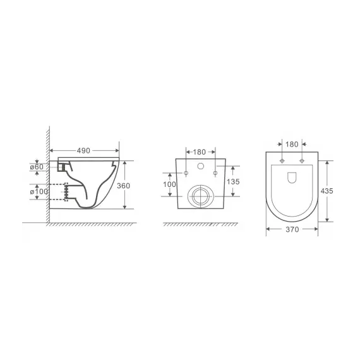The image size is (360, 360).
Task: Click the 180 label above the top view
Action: point(292,144)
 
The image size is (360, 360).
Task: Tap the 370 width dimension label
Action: point(292,232)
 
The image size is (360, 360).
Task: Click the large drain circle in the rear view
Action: point(201,196)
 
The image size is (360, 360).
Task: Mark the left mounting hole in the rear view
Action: point(187,173)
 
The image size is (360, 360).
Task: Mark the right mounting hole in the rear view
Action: point(215,173)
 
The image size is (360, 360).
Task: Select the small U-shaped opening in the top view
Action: point(292,179)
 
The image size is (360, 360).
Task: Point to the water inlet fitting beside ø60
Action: point(62,166)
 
